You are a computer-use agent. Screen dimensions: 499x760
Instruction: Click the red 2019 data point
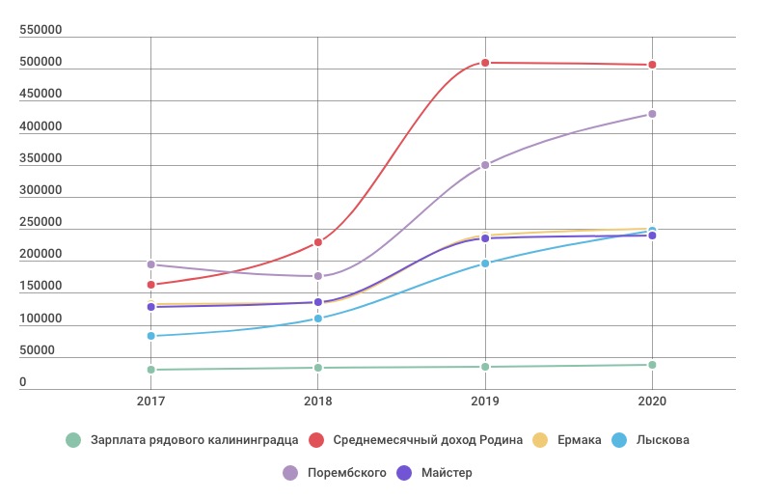(485, 63)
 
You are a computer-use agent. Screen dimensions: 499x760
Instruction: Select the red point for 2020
(652, 65)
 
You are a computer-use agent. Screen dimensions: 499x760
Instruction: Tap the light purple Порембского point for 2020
(652, 114)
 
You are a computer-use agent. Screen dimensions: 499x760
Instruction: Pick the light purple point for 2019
(485, 165)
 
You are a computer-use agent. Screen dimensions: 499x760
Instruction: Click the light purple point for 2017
(150, 264)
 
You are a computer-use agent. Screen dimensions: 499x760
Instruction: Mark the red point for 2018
(318, 242)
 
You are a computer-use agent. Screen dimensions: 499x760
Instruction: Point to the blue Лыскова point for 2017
(150, 336)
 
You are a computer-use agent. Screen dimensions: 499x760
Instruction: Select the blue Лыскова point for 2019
(485, 263)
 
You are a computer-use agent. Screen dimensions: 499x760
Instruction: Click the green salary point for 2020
(652, 365)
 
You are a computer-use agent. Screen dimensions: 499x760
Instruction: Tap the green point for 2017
(150, 370)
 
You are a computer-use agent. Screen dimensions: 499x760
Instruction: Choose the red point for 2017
(150, 285)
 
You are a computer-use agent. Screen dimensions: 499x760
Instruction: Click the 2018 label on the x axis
(318, 401)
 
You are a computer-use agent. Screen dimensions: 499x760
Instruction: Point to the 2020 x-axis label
(652, 401)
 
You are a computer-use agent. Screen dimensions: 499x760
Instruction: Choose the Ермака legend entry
(575, 440)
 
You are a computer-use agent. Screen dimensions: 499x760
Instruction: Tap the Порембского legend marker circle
(290, 473)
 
